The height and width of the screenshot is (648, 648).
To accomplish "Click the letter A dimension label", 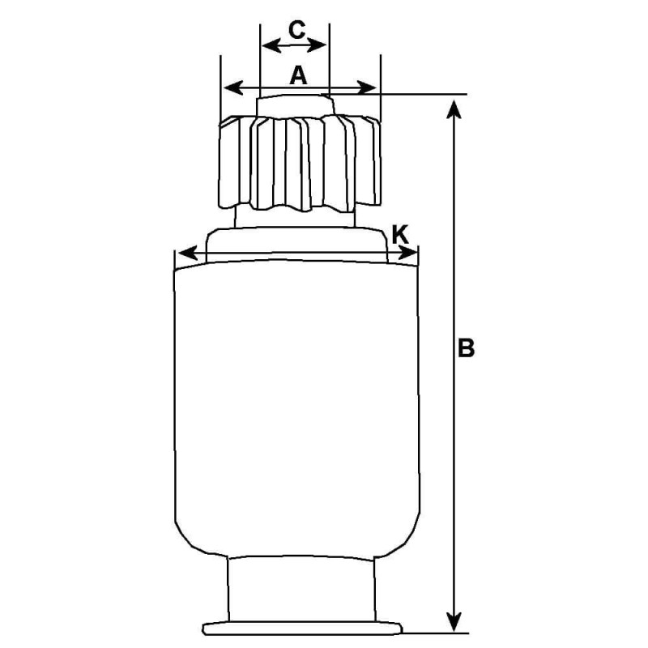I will pyautogui.click(x=298, y=75).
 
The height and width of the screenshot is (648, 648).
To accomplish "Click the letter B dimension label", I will pyautogui.click(x=465, y=348).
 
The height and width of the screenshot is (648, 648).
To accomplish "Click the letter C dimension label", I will pyautogui.click(x=296, y=31).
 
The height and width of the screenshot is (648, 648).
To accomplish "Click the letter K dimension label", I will pyautogui.click(x=399, y=234).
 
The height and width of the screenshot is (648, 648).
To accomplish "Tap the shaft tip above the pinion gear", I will pyautogui.click(x=295, y=105).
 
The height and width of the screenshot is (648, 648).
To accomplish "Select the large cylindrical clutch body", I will pyautogui.click(x=298, y=405).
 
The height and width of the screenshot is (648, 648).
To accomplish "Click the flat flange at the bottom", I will pyautogui.click(x=303, y=628).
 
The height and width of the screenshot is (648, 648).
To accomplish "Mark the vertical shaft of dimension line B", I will pyautogui.click(x=456, y=454).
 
